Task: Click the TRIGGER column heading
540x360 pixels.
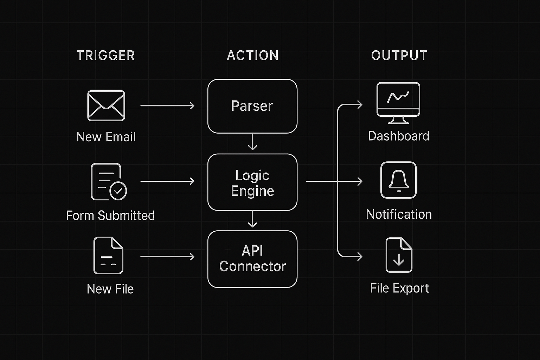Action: click(105, 56)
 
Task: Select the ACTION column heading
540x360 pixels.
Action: click(252, 56)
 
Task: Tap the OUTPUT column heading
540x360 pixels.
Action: click(399, 56)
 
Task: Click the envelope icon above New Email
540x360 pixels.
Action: click(106, 105)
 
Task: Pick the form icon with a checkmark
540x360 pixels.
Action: click(108, 182)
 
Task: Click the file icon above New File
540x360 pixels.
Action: click(108, 256)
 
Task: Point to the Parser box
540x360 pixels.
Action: click(252, 106)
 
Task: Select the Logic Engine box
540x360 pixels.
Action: click(252, 182)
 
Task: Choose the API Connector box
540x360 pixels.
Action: click(252, 259)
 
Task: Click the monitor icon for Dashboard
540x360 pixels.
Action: click(398, 102)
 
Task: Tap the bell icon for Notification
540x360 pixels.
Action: click(398, 180)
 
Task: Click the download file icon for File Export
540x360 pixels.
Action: click(399, 255)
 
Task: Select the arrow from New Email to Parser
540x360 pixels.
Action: click(167, 105)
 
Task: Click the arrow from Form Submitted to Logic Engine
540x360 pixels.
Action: click(167, 181)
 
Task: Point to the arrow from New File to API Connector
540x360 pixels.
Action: click(167, 257)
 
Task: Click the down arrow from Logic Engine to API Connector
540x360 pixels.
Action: click(252, 219)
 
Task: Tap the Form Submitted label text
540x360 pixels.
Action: click(110, 215)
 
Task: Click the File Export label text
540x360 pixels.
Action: click(399, 288)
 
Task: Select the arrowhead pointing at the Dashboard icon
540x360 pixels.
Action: click(359, 104)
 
